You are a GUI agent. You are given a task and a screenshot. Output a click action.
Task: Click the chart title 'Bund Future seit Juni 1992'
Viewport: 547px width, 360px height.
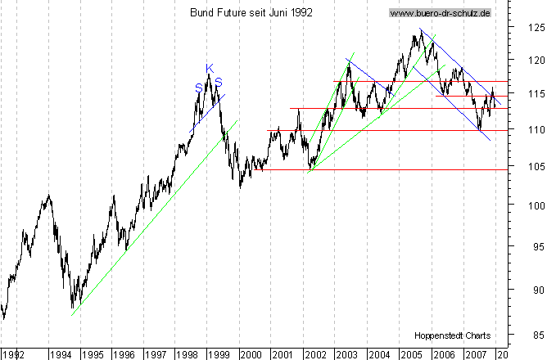click(x=251, y=13)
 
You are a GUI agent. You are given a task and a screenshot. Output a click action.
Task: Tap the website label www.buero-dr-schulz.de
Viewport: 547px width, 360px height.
click(x=440, y=13)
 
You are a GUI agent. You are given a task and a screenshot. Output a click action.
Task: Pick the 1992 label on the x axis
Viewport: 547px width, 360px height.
click(x=12, y=354)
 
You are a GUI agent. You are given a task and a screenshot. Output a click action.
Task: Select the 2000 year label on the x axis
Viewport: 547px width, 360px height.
click(x=250, y=354)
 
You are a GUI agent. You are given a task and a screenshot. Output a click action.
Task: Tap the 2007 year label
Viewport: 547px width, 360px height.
click(x=475, y=354)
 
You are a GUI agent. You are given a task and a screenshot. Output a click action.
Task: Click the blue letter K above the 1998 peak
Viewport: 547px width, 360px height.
click(x=209, y=68)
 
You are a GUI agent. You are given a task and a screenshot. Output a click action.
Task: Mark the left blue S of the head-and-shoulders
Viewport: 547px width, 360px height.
click(x=198, y=88)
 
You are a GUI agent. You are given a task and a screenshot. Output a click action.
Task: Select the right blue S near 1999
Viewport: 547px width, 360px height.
click(x=219, y=83)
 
